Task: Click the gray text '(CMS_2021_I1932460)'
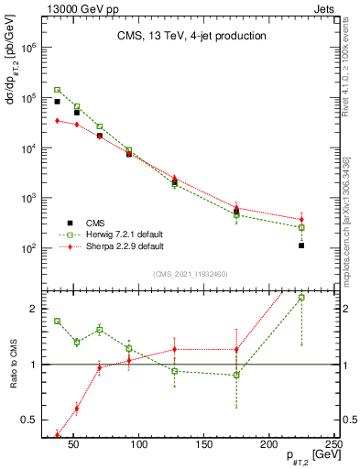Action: click(190, 273)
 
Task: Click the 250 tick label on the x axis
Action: click(333, 445)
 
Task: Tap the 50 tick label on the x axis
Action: click(74, 445)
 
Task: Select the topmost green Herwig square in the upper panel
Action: click(57, 90)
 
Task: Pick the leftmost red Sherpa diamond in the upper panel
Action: click(57, 120)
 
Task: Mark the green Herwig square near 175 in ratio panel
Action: click(236, 376)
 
